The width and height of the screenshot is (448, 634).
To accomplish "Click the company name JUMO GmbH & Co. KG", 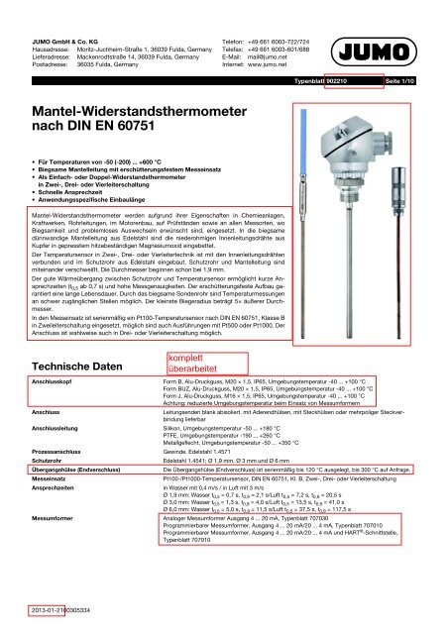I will pos(60,9).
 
